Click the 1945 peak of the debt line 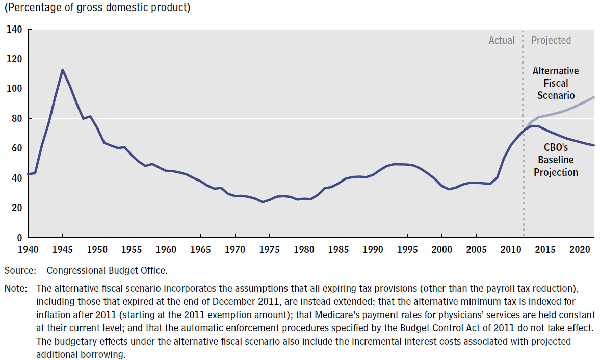tap(62, 70)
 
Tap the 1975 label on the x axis tap(269, 250)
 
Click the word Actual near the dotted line tap(502, 40)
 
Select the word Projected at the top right tap(551, 40)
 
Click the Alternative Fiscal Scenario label tap(556, 83)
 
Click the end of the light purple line tap(593, 97)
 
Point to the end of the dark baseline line tap(593, 145)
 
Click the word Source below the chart tap(20, 270)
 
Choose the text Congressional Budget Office tap(107, 270)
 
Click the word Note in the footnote tap(15, 288)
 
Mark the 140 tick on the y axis tap(15, 30)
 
